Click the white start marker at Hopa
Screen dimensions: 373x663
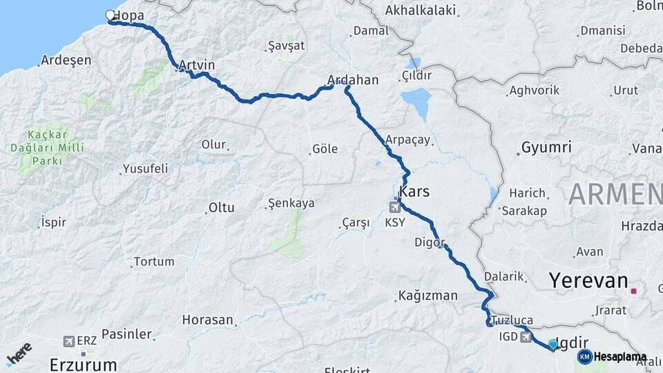point(110,15)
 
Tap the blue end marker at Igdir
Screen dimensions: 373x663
point(552,344)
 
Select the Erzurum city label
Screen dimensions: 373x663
point(83,364)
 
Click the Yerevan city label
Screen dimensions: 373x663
point(588,280)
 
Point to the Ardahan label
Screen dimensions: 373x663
point(354,80)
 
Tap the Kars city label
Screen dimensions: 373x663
point(414,191)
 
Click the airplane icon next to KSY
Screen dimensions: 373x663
point(396,205)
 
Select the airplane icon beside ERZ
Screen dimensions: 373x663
point(68,341)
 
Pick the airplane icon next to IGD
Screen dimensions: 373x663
point(528,337)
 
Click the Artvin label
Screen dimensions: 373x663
point(197,66)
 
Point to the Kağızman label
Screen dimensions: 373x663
point(427,296)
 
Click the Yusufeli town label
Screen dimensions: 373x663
point(145,169)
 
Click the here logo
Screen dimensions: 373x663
point(19,352)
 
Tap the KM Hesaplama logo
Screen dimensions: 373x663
point(612,356)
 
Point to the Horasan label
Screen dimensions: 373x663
point(207,320)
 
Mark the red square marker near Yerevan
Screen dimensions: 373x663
point(633,291)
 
